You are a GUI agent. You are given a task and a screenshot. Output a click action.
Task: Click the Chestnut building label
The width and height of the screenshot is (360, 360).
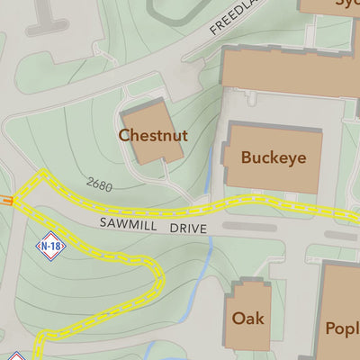point(153,136)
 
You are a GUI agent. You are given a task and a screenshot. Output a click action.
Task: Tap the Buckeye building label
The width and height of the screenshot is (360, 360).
point(273,157)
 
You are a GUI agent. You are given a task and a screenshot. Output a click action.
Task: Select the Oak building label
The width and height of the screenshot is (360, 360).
point(247,318)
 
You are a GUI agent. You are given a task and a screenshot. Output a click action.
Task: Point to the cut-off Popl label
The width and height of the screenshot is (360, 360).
point(342,328)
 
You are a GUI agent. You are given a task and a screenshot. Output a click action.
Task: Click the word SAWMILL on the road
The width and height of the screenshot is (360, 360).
point(130,222)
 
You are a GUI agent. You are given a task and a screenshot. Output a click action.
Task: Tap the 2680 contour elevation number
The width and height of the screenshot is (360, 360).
point(100,184)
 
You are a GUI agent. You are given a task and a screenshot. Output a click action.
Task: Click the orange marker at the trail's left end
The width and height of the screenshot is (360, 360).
point(6,202)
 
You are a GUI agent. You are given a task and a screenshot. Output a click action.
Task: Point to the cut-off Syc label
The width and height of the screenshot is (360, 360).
point(347,4)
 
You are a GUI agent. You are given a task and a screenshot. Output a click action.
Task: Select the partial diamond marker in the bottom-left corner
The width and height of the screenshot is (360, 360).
point(13,355)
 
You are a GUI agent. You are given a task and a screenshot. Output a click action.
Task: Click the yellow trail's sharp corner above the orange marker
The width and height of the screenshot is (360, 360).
point(40,174)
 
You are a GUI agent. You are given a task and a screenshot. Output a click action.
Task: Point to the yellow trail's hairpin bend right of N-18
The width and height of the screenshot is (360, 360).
point(155,270)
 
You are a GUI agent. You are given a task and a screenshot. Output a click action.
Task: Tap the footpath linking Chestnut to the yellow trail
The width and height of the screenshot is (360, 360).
point(184,192)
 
